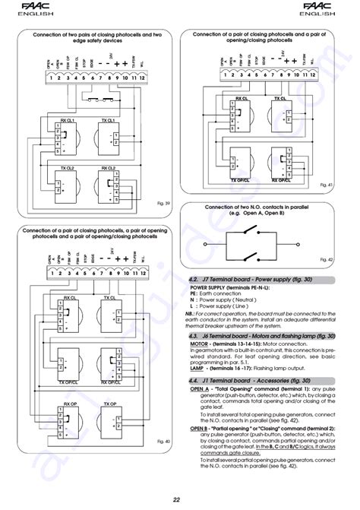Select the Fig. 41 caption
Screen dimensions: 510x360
click(326, 185)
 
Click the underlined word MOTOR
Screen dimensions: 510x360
click(198, 344)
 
